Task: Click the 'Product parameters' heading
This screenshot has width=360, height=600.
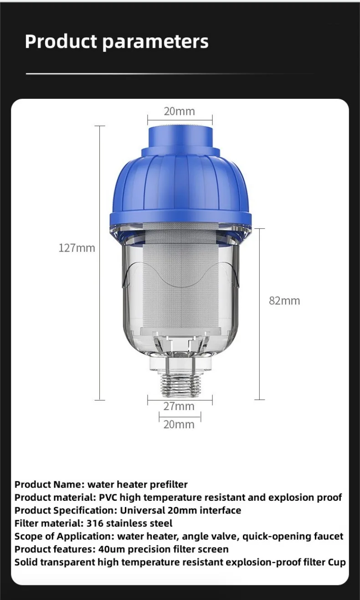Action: (117, 42)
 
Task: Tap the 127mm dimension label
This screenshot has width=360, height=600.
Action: (77, 248)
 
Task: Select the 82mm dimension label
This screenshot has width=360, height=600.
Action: (284, 301)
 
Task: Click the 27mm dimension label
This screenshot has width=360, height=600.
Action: (179, 406)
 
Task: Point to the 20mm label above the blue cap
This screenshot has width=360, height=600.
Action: (180, 111)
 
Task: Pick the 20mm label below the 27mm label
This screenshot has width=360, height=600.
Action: (179, 425)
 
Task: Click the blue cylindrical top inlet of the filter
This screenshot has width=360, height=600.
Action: (180, 137)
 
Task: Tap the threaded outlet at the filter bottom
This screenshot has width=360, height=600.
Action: (180, 385)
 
